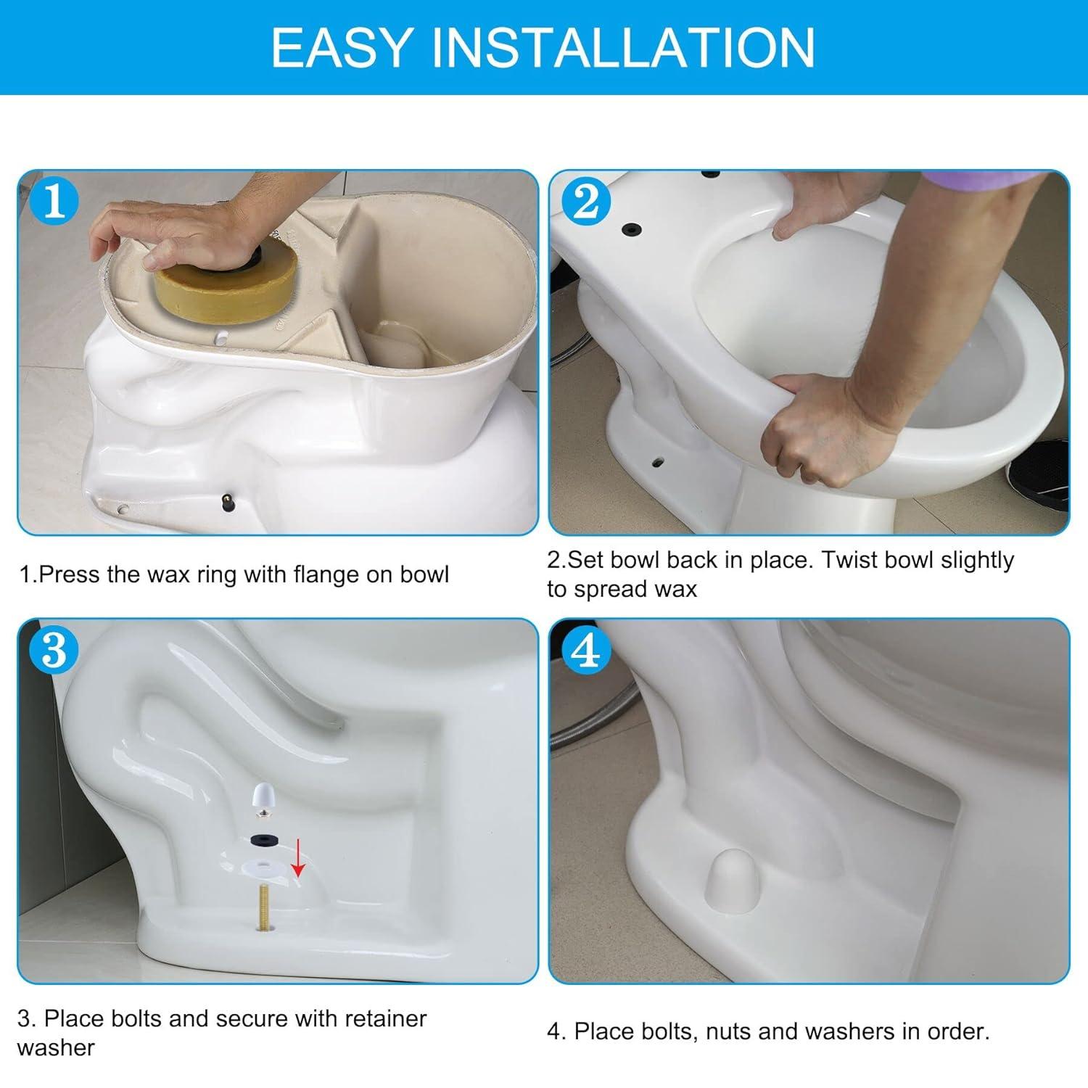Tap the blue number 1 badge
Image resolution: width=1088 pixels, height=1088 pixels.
click(x=55, y=202)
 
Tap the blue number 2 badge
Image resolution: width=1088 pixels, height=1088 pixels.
click(x=586, y=202)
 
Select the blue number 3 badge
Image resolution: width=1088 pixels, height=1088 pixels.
click(x=55, y=651)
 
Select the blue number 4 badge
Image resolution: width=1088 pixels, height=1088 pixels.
click(x=586, y=651)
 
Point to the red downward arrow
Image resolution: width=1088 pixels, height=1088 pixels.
click(x=297, y=857)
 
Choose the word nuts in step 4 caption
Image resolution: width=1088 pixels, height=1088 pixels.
click(x=736, y=1031)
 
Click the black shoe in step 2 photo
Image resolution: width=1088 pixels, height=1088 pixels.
click(x=1037, y=475)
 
